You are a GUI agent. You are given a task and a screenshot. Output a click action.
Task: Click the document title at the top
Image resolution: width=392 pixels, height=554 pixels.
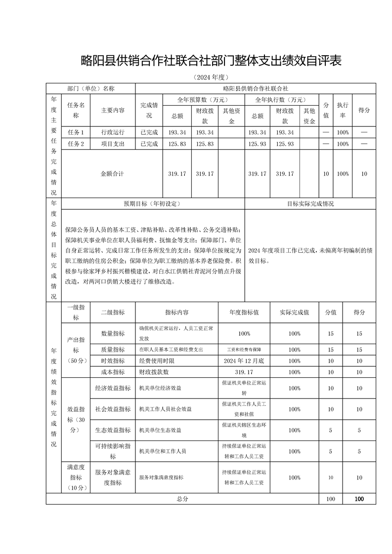[211, 61]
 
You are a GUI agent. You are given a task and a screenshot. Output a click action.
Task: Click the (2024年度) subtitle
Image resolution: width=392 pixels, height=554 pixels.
[211, 78]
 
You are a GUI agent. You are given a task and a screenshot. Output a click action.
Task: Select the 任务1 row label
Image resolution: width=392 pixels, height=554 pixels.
[76, 132]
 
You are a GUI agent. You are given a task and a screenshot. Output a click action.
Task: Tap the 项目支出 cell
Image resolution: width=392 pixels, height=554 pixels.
[113, 144]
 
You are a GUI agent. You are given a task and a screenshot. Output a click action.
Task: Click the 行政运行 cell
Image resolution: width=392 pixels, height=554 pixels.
[113, 132]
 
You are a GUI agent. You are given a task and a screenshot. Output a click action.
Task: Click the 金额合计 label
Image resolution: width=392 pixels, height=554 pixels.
[112, 174]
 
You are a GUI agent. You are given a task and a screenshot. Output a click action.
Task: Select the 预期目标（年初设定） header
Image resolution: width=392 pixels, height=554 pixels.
[152, 203]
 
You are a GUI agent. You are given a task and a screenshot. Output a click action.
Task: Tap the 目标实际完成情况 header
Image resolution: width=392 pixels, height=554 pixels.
[310, 203]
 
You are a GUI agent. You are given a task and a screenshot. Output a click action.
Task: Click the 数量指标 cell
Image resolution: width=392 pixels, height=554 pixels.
[113, 334]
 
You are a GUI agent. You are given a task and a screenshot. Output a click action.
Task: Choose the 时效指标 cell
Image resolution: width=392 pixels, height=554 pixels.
[113, 361]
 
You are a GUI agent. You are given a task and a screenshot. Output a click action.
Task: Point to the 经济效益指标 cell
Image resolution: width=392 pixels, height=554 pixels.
[113, 389]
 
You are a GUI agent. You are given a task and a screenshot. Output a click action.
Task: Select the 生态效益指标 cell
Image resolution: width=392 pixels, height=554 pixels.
[113, 430]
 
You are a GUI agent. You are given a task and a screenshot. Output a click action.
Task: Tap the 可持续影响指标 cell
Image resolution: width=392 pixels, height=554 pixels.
[113, 451]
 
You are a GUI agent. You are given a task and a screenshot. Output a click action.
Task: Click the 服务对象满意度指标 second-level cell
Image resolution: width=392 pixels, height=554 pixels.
[113, 477]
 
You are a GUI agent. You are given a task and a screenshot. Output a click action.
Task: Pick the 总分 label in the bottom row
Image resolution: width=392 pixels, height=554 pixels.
[182, 499]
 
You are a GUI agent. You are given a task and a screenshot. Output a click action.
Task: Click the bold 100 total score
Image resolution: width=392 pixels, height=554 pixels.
[359, 499]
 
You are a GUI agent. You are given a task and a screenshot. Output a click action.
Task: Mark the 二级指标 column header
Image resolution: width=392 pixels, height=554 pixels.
[113, 313]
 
